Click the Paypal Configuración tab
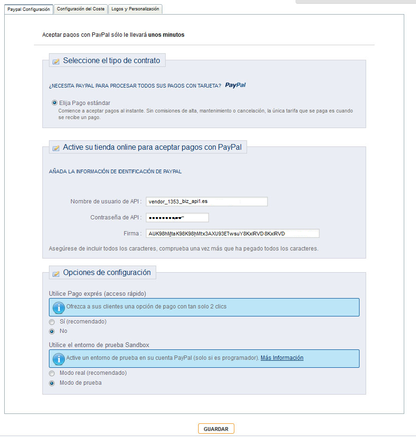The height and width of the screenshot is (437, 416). pos(29,9)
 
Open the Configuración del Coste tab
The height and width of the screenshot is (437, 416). pos(80,9)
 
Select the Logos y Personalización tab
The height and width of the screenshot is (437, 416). pos(135,9)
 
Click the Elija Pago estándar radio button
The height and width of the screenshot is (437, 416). pos(55,103)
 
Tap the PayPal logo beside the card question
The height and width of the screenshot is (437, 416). pos(235,85)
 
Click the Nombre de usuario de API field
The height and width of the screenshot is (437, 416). pos(207,202)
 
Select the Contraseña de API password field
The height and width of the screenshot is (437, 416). pos(177,218)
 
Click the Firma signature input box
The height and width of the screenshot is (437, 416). pos(232,234)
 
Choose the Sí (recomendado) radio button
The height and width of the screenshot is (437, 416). pos(52,322)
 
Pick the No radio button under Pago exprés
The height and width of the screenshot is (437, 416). pos(52,331)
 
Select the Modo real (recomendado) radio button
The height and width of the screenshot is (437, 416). pos(52,373)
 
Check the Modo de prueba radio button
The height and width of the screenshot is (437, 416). pos(52,383)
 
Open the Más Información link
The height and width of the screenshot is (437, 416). pos(282,358)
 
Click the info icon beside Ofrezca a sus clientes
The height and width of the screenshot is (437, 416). pos(58,307)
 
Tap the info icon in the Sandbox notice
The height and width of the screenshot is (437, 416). pos(58,358)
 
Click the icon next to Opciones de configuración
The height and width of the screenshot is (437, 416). pos(56,273)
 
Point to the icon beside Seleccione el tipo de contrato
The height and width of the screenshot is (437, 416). pos(56,61)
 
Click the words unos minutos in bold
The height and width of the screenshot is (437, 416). pos(166,35)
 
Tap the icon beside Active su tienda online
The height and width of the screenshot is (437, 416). pos(56,148)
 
